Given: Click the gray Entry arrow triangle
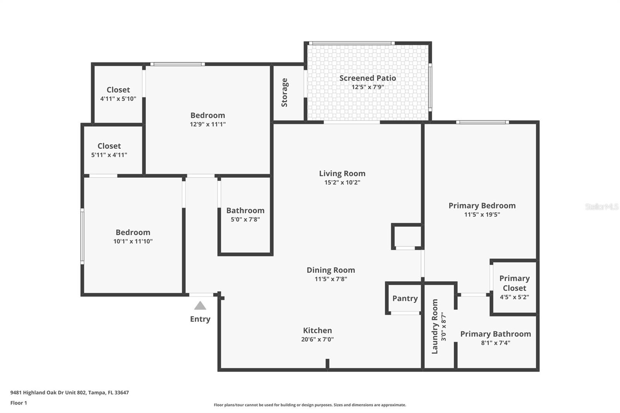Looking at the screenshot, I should tap(200, 306).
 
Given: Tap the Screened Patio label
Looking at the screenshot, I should tap(367, 78).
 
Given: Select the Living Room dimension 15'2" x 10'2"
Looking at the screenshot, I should tap(342, 182).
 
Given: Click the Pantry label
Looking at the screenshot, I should tap(405, 298).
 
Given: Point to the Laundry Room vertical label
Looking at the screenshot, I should tap(435, 326).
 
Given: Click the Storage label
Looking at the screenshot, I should tap(284, 93).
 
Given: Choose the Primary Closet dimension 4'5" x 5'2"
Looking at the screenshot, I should tap(514, 297).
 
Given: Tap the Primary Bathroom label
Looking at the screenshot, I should tap(495, 334).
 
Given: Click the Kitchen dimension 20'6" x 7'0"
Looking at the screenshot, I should tap(317, 339).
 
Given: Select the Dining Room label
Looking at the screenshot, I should tap(331, 270).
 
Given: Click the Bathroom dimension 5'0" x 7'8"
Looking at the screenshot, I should tap(245, 219).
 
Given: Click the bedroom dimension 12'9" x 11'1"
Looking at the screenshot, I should tap(208, 124).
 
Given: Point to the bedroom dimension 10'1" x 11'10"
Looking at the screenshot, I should tap(133, 241).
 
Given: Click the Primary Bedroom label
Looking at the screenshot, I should tap(482, 206).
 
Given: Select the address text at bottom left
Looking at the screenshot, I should tap(69, 392).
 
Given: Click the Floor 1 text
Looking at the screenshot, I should tap(19, 403).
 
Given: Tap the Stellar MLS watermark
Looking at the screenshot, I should tap(601, 207).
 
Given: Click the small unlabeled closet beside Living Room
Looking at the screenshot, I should tap(406, 236).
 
